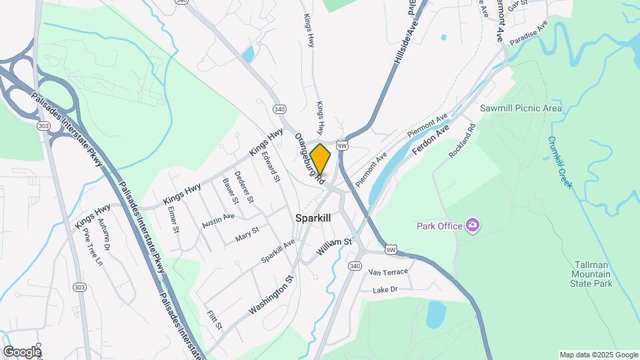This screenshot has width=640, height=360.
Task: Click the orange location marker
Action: pyautogui.click(x=321, y=159)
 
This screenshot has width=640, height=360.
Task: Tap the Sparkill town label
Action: pyautogui.click(x=313, y=218)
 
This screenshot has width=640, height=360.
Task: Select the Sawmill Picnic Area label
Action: pyautogui.click(x=521, y=108)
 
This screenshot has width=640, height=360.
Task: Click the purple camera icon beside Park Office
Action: pyautogui.click(x=473, y=225)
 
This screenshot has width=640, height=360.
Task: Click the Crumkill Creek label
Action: pyautogui.click(x=560, y=162)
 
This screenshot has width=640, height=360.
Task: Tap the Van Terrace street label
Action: pyautogui.click(x=387, y=272)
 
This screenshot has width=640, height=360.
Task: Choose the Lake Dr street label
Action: pyautogui.click(x=385, y=289)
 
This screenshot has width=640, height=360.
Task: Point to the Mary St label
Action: pyautogui.click(x=247, y=234)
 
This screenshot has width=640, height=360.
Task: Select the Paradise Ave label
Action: pyautogui.click(x=529, y=33)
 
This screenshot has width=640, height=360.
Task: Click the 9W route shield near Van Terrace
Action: pyautogui.click(x=391, y=250)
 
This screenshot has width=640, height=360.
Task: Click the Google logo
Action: pyautogui.click(x=22, y=351)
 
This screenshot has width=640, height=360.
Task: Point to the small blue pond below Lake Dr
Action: pyautogui.click(x=435, y=314)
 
